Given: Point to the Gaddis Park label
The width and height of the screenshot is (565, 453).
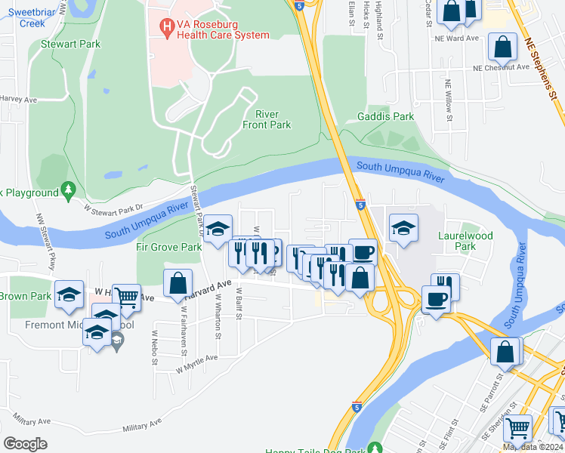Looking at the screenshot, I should coord(386,116).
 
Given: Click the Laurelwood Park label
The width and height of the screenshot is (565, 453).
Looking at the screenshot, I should coord(465,241).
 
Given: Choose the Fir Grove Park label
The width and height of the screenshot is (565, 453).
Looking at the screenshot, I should coord(168,247).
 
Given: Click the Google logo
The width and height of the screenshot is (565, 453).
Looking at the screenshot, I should coord(25,443).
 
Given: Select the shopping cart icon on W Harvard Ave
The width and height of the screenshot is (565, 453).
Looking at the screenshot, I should coord(126,297).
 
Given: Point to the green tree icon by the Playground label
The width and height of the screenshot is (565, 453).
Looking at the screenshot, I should coord(69,188).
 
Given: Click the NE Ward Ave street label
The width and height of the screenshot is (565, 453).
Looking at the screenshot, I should coord(462,38).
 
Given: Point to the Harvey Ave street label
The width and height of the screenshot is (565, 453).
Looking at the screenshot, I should coord(19,98).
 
